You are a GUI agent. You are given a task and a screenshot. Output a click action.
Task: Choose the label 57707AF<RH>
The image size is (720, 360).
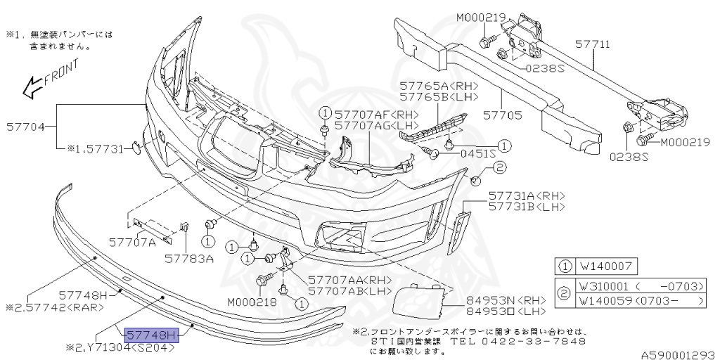[376, 114]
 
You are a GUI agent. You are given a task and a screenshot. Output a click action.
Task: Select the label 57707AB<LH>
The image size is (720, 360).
[349, 290]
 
